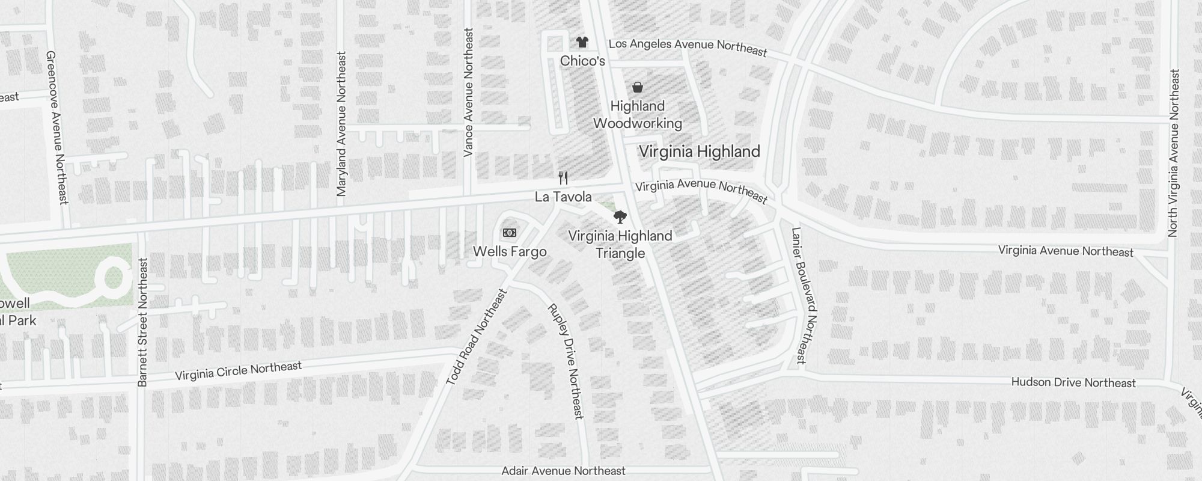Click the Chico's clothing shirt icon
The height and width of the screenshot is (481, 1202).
click(x=582, y=41)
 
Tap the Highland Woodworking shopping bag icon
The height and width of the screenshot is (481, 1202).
click(x=638, y=88)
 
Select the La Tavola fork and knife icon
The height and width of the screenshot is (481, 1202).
click(x=563, y=178)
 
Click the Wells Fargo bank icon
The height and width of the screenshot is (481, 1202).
click(x=510, y=233)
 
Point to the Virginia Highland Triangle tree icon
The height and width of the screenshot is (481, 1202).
click(x=620, y=217)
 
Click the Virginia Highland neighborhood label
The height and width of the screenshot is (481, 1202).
click(x=699, y=152)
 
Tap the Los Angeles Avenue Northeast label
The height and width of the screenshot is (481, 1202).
click(x=688, y=47)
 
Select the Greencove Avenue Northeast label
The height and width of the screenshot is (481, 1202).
click(x=58, y=127)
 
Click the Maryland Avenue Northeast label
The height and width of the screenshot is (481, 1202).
click(x=342, y=124)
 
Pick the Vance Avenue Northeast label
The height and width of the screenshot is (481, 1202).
click(x=469, y=92)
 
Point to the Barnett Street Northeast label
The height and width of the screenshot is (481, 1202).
click(x=142, y=322)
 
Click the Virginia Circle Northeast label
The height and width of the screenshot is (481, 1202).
click(x=238, y=371)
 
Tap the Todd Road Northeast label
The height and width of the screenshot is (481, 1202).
click(x=477, y=337)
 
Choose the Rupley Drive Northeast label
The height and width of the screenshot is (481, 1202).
click(x=566, y=361)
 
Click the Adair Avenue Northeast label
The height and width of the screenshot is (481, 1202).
click(x=563, y=471)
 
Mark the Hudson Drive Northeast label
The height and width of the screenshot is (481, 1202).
click(x=1073, y=382)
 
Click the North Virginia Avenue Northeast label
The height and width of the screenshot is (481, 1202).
click(x=1174, y=153)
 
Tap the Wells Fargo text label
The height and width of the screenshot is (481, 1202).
click(x=510, y=251)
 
